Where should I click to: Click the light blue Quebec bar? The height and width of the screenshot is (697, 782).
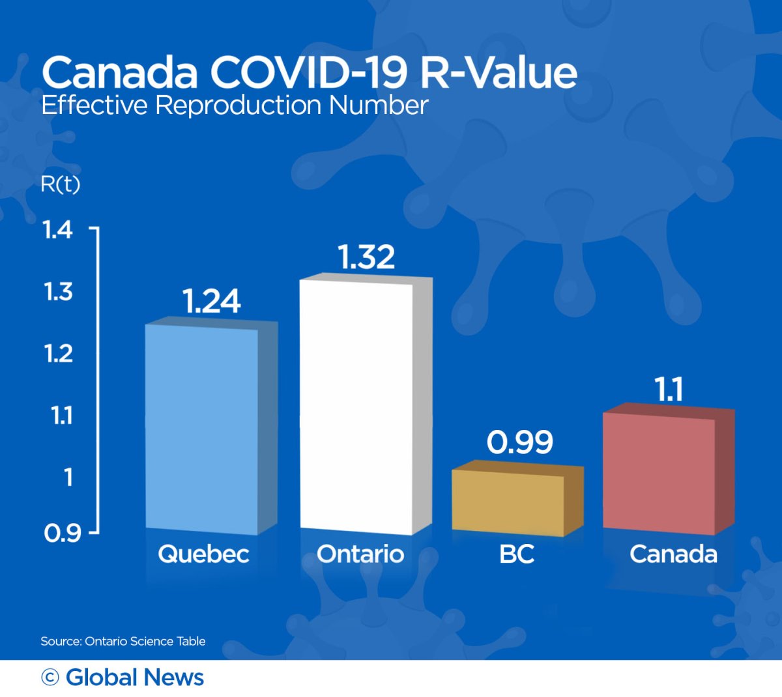tap(202, 427)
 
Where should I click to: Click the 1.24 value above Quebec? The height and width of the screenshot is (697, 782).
tap(211, 301)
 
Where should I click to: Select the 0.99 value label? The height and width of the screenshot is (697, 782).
tap(519, 442)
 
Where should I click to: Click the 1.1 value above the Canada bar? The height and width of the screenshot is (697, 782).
tap(669, 389)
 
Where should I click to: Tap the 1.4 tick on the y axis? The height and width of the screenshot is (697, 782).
tap(57, 229)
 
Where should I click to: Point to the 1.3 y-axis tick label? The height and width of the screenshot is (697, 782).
tap(58, 291)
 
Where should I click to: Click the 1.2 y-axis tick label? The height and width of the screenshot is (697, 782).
tap(58, 353)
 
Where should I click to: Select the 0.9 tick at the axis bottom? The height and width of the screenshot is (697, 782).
tap(62, 533)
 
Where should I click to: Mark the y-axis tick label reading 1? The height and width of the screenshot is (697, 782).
tap(68, 477)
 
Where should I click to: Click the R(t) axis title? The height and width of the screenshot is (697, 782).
tap(60, 184)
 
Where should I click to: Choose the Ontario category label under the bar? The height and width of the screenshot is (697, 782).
tap(360, 554)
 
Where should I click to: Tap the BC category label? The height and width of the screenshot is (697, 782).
tap(517, 554)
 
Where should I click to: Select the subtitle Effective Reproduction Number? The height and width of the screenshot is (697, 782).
tap(235, 105)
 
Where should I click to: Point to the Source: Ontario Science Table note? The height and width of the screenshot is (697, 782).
tap(123, 641)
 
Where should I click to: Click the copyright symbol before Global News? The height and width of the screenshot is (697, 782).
tap(50, 677)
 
